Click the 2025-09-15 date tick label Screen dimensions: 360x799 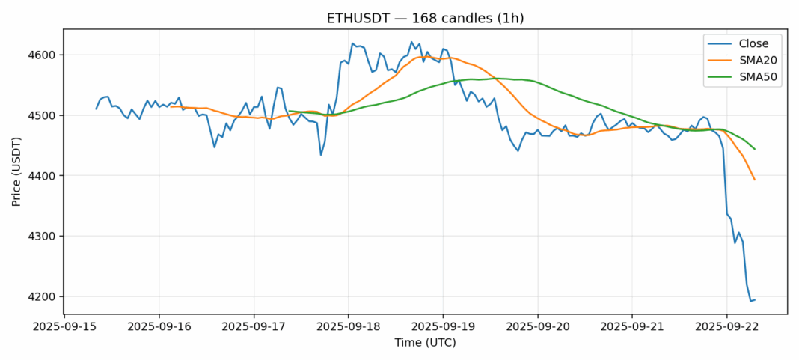64,327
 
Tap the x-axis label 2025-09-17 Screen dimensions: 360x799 254,327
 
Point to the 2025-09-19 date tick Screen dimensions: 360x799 443,327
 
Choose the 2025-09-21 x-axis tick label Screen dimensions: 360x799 632,327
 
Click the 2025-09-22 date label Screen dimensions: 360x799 726,327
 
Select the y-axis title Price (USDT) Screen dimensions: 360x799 16,173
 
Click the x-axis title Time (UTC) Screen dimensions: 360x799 425,343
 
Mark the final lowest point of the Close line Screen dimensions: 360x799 750,301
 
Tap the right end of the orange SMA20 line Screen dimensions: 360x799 754,180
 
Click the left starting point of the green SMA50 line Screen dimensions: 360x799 289,111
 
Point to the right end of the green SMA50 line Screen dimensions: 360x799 754,149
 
